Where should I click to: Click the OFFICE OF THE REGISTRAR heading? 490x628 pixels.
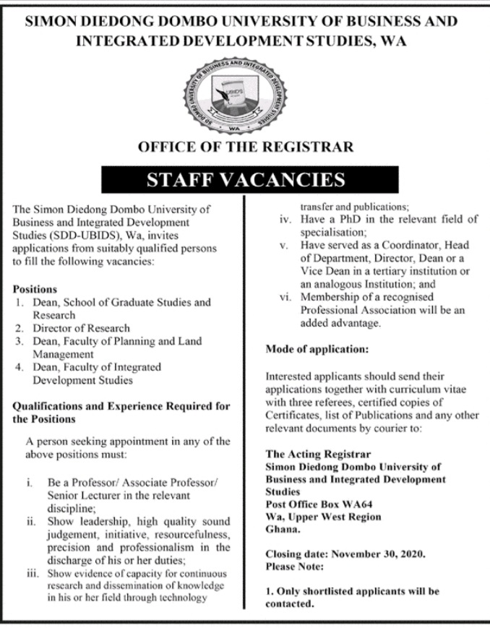(x=246, y=147)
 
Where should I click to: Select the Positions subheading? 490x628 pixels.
(x=35, y=289)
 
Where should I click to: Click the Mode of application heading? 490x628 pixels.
(x=317, y=349)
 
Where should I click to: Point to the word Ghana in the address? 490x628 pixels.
(x=282, y=529)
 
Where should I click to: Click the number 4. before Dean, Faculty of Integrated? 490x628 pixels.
(x=20, y=367)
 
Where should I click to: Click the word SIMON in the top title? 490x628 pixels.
(x=54, y=21)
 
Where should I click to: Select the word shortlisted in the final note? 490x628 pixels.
(x=332, y=591)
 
